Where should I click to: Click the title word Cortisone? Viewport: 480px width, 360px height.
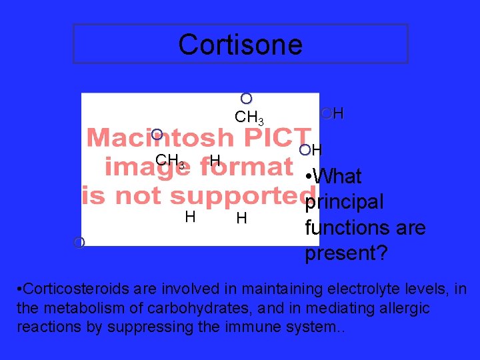pos(240,45)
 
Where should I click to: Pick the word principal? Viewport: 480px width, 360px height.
pos(344,202)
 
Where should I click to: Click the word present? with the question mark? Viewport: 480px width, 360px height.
pos(347,253)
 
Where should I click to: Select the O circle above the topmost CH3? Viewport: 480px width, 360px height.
pos(246,99)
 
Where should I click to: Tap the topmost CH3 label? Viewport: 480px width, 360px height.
pos(249,118)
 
